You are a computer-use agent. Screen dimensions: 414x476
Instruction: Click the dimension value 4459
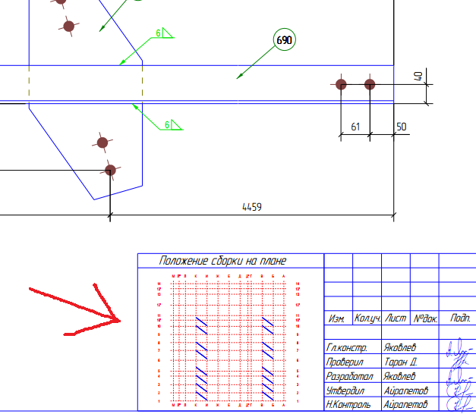tap(251, 206)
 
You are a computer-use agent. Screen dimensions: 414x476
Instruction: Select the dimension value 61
tap(355, 127)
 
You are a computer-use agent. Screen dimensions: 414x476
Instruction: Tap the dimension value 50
tap(402, 126)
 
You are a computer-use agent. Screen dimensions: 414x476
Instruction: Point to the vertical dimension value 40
tap(418, 77)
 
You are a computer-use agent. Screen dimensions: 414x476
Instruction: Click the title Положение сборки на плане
tap(222, 261)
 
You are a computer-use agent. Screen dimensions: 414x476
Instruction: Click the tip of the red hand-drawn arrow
tap(121, 320)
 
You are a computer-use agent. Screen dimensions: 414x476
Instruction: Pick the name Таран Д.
tap(400, 362)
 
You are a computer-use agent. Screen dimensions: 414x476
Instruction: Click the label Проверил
tap(345, 362)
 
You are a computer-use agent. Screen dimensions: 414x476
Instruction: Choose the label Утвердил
tap(345, 390)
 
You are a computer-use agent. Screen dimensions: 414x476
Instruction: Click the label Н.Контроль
tap(348, 405)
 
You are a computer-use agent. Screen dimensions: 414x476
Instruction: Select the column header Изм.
tap(337, 319)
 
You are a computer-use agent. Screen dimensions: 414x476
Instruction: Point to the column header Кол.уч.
tap(367, 319)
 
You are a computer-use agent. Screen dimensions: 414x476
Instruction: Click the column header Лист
tap(396, 319)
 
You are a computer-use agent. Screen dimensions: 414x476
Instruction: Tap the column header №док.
tap(424, 319)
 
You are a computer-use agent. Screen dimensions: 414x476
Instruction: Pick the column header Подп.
tap(460, 319)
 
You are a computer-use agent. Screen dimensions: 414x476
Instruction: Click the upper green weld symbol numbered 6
tap(164, 33)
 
